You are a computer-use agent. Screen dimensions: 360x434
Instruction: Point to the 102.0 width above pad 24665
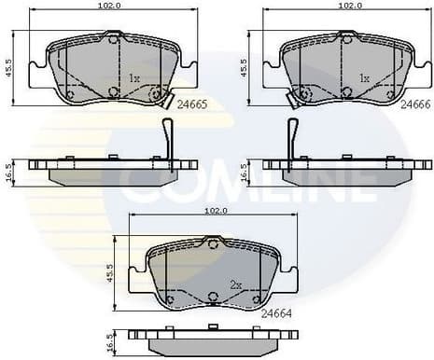point(113,5)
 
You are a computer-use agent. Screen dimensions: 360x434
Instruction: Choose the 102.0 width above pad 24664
point(214,211)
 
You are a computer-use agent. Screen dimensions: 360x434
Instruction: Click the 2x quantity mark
point(237,282)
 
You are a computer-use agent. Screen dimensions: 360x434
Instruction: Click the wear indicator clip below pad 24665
point(168,139)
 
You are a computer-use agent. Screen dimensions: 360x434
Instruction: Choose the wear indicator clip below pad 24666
point(292,139)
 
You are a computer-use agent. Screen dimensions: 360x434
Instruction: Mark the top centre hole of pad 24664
point(213,244)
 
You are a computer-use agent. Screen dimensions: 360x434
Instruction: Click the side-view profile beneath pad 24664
point(213,337)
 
